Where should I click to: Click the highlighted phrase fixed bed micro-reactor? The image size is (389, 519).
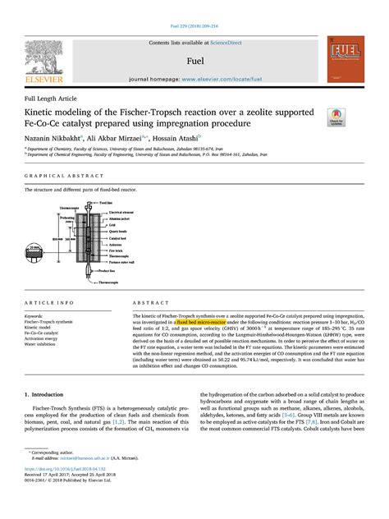[193, 322]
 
